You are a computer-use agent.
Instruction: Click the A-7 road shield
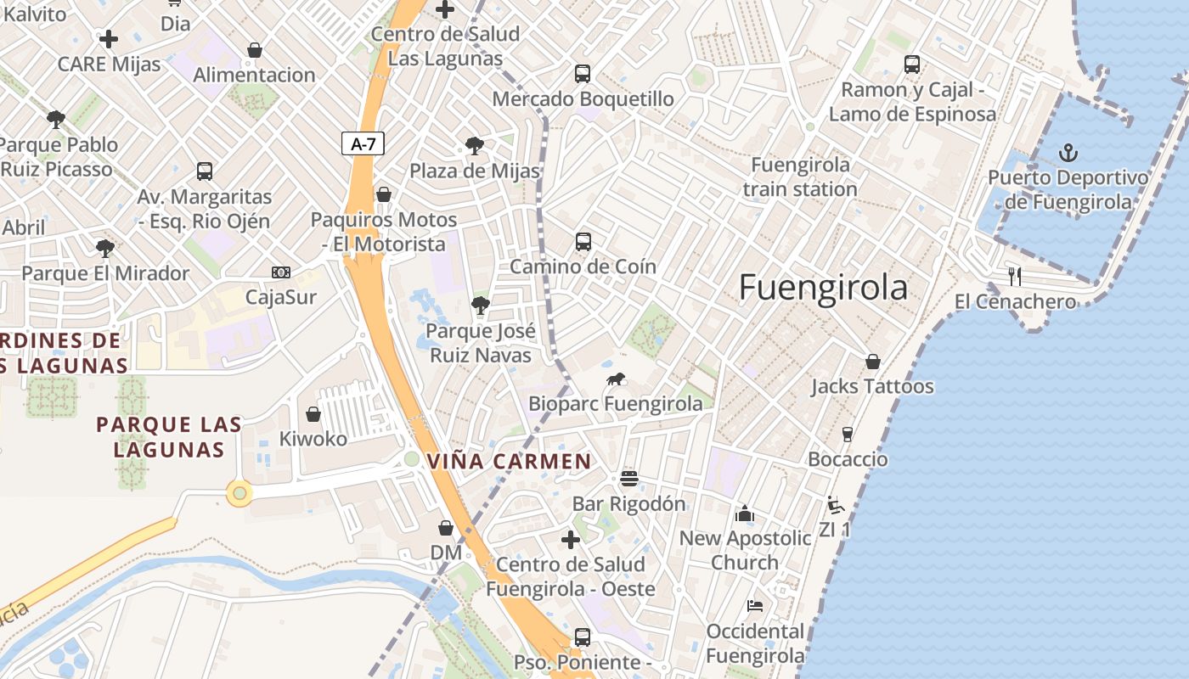point(363,144)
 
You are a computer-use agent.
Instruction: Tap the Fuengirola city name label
point(823,288)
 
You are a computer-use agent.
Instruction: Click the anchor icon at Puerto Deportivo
point(1068,153)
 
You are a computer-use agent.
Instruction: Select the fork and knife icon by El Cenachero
point(1014,276)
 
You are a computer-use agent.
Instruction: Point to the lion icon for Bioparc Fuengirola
point(615,379)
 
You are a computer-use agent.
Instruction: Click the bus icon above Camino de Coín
point(583,242)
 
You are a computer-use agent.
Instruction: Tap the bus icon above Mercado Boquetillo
point(582,74)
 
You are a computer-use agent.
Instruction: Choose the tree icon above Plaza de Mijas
point(474,146)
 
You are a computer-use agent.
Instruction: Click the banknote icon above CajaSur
point(280,272)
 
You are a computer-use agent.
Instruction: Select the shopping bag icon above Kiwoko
point(313,414)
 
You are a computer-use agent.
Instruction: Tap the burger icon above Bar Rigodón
point(628,479)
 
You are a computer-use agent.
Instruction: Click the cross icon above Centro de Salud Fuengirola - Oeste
point(571,539)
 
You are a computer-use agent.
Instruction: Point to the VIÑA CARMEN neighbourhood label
point(509,462)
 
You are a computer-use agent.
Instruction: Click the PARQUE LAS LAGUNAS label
point(168,436)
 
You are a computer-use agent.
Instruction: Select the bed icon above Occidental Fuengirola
point(754,606)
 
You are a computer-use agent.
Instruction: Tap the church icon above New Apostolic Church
point(745,513)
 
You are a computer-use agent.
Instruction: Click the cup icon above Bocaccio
point(847,435)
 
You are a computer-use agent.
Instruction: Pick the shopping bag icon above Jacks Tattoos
point(872,362)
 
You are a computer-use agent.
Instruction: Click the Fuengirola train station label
point(800,177)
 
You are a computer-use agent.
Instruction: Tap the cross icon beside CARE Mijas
point(109,39)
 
